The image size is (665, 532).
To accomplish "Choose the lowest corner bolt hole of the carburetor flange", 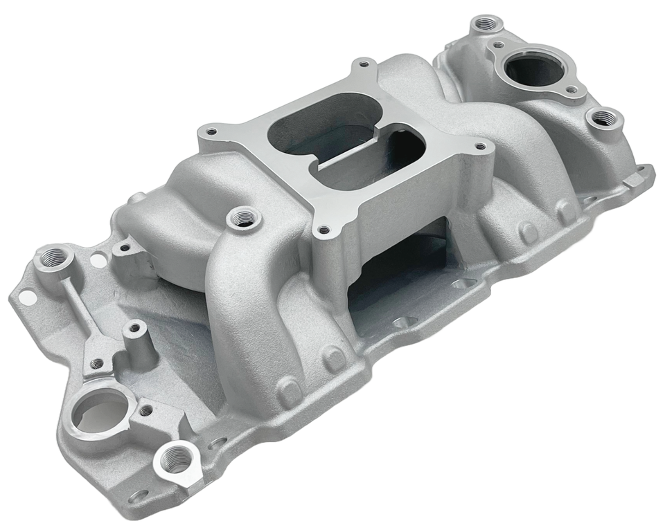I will click(x=321, y=229).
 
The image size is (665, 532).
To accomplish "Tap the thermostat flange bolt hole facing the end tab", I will click(x=571, y=90).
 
